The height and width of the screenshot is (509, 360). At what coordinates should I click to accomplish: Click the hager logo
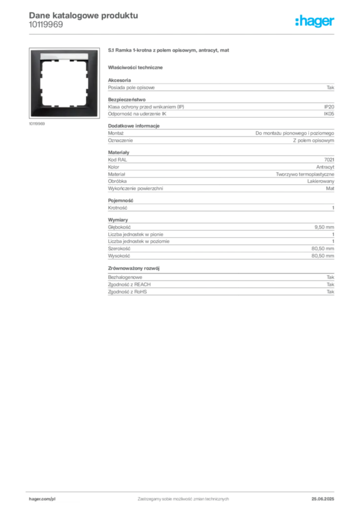coord(315,21)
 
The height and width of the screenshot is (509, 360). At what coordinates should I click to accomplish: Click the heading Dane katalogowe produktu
coord(84,15)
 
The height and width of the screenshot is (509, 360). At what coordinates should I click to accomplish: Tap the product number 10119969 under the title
coord(46,25)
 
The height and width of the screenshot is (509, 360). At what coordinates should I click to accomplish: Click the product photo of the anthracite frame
coord(64,83)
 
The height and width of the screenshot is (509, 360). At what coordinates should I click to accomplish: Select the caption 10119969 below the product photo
coord(37,124)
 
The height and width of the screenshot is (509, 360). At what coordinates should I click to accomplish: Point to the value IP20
coord(329,107)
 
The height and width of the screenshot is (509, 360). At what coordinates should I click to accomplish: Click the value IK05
coord(329,114)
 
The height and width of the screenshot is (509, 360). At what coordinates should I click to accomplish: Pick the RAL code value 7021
coord(329,160)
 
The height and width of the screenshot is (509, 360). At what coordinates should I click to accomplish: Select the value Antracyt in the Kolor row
coord(325,167)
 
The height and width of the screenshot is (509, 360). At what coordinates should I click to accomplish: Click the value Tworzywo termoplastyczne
coord(305,174)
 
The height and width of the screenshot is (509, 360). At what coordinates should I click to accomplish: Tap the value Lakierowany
coord(321,181)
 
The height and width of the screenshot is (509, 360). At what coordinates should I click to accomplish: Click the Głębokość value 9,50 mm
coord(324,227)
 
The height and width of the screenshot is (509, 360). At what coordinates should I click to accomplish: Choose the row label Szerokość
coord(119,249)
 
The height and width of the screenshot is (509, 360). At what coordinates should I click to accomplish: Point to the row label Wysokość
coord(119,256)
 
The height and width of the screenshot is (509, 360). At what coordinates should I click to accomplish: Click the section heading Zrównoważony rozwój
coord(134,268)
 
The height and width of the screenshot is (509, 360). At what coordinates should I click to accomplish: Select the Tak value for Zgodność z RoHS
coord(331,292)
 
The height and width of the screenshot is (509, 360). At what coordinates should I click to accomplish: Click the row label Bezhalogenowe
coord(125,277)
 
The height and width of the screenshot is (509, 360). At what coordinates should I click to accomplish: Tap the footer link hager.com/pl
coord(42,499)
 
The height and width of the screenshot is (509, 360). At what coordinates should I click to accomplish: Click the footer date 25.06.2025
coord(323,499)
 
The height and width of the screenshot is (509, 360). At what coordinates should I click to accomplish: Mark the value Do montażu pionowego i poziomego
coord(295,133)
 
